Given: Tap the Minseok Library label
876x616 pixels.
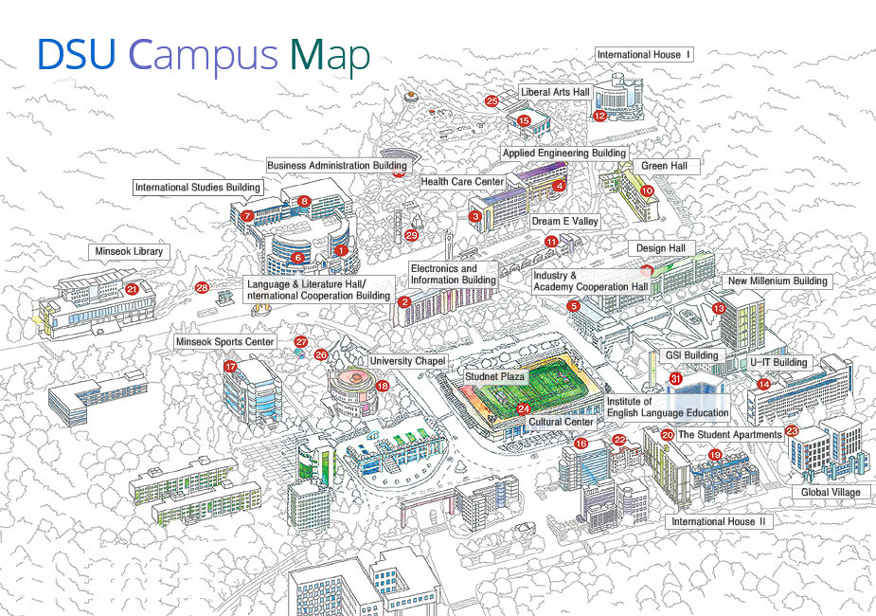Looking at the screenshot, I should tap(130, 252).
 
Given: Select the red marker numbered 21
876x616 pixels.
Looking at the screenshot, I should tap(132, 289).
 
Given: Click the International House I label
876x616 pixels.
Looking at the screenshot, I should tap(643, 55).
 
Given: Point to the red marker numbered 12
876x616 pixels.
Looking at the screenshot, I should tap(599, 116).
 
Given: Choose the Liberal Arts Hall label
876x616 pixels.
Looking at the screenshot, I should tap(555, 92).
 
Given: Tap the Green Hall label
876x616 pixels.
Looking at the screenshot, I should tap(670, 166).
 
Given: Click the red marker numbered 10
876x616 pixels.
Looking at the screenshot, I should tap(648, 190).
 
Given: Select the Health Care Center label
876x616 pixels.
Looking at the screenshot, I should tap(462, 182).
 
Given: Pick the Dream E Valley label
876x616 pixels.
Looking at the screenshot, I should tap(564, 221).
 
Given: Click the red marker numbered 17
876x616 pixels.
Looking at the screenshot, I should tap(230, 366).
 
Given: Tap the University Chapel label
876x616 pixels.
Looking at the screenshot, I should tap(407, 361).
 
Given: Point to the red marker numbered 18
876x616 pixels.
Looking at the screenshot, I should tap(383, 386).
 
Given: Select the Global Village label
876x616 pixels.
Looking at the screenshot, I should tap(831, 493).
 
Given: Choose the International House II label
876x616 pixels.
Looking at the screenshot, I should tap(720, 521).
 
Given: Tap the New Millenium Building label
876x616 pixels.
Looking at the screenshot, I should tap(777, 281).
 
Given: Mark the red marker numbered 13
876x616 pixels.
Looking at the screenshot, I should tap(719, 309).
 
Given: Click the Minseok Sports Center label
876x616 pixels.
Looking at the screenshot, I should tap(224, 341).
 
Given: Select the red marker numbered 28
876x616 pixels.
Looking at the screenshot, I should tap(202, 287).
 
